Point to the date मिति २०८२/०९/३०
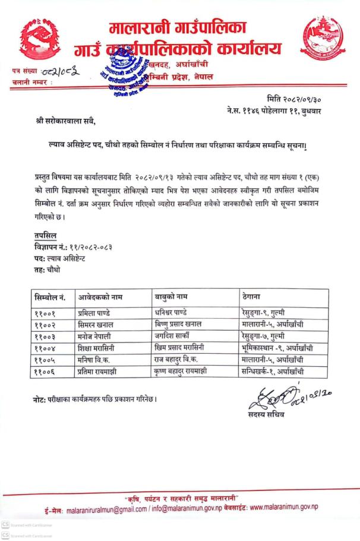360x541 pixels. point(295,98)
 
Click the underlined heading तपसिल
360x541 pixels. point(45,235)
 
